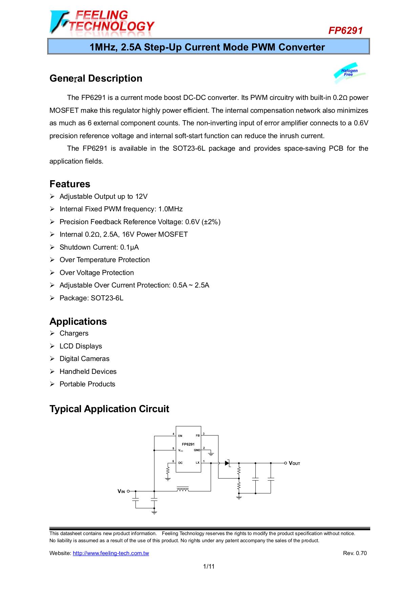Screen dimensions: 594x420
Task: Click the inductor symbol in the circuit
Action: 183,489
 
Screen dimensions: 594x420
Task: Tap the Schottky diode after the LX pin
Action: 227,463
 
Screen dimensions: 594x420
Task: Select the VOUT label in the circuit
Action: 294,463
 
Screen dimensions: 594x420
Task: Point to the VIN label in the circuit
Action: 121,491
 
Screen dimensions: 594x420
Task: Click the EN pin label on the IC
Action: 180,436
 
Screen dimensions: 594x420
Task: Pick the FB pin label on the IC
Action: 197,436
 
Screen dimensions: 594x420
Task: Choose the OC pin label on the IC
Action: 180,463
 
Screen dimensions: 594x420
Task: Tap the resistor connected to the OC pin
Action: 168,470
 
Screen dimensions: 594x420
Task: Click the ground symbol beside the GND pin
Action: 211,453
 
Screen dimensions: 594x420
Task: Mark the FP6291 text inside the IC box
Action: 188,444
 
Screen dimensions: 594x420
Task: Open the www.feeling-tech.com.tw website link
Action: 111,553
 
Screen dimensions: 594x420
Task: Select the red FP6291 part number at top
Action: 345,30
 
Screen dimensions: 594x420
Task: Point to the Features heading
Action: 70,184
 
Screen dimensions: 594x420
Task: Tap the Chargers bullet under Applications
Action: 74,333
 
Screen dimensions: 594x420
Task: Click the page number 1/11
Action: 209,566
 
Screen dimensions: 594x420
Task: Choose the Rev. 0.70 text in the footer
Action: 355,553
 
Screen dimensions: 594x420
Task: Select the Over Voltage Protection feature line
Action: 97,273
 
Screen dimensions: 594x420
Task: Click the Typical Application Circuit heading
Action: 109,409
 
